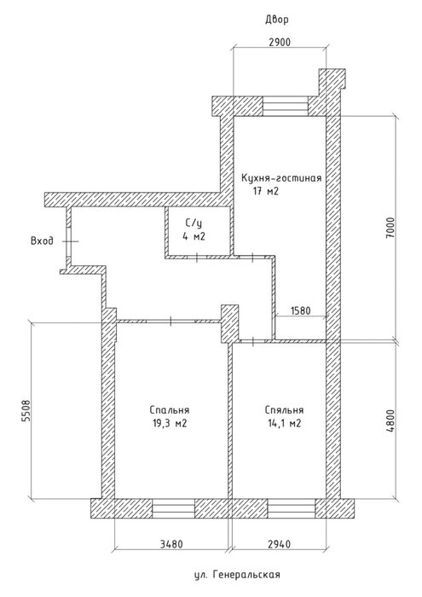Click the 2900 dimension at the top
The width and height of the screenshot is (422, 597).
tap(280, 42)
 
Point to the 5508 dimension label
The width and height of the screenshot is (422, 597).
tap(26, 410)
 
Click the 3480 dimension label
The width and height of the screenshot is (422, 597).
tap(171, 544)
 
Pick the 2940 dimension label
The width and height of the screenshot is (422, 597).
tap(279, 544)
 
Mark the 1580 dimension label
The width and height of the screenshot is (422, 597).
tap(301, 310)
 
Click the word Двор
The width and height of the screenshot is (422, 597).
tap(277, 20)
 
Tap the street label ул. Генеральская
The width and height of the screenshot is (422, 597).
tap(237, 574)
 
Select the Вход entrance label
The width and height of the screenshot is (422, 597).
tap(43, 241)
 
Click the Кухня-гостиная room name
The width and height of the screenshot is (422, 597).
tap(281, 178)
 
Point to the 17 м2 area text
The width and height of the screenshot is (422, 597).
tap(266, 191)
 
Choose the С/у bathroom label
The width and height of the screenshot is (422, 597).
tap(194, 223)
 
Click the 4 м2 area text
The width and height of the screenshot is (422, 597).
tap(194, 237)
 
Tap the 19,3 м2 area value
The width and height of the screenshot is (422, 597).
tap(170, 423)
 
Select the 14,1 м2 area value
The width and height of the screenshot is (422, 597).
tap(284, 423)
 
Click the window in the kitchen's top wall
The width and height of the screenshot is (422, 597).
tap(285, 107)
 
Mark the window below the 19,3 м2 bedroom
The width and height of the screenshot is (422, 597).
tap(174, 508)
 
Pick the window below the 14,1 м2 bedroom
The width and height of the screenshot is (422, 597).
tap(292, 508)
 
